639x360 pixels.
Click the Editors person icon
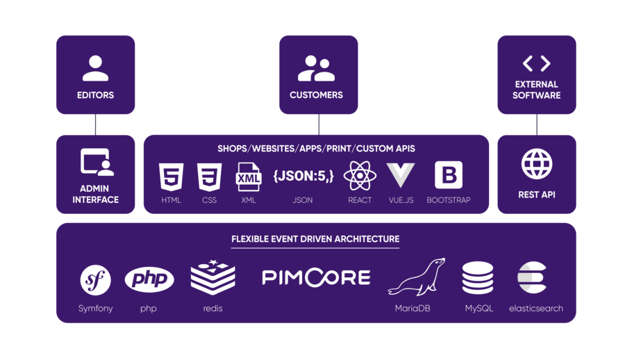(95, 68)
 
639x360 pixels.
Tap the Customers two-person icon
(316, 68)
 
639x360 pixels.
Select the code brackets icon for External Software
(536, 64)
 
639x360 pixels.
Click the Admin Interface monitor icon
(96, 162)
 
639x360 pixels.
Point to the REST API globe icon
(536, 165)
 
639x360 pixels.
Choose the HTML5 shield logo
(171, 176)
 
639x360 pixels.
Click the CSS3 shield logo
(209, 176)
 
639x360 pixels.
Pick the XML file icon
(248, 177)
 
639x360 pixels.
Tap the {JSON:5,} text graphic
(303, 176)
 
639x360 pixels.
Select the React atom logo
(360, 176)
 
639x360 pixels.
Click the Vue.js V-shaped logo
(400, 176)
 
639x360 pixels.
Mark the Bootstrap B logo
(448, 175)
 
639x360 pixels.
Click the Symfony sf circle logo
(95, 280)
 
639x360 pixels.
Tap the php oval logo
(149, 279)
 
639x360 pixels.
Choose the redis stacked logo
(213, 278)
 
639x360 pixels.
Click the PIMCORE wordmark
(316, 278)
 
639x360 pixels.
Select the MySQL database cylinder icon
(478, 279)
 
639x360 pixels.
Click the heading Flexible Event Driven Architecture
(315, 239)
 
